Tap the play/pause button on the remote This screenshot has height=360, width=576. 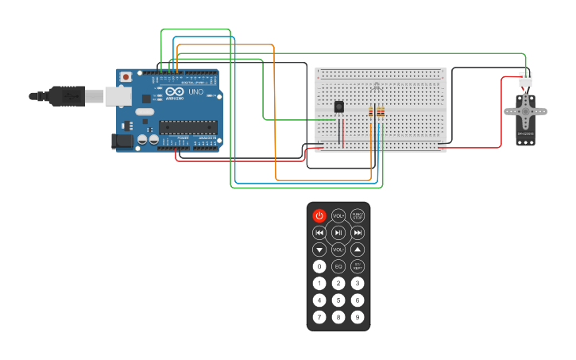pos(338,232)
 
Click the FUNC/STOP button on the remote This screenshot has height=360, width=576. pos(358,215)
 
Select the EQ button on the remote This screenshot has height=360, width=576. pos(338,266)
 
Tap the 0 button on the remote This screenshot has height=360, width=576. pos(319,266)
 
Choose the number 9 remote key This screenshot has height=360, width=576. pos(358,317)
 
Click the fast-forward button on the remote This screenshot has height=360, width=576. pos(358,232)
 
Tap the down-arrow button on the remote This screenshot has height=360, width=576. pos(319,250)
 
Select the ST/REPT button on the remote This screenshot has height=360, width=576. pos(358,266)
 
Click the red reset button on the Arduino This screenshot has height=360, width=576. pos(126,77)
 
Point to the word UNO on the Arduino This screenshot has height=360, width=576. pos(196,92)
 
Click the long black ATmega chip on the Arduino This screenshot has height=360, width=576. pos(187,126)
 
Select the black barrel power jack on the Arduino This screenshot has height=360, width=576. pos(122,141)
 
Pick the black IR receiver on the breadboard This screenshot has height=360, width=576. pos(339,106)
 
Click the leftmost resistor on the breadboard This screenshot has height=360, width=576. pos(370,112)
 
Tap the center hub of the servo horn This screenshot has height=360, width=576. pos(525,112)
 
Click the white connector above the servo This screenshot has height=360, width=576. pos(525,79)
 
